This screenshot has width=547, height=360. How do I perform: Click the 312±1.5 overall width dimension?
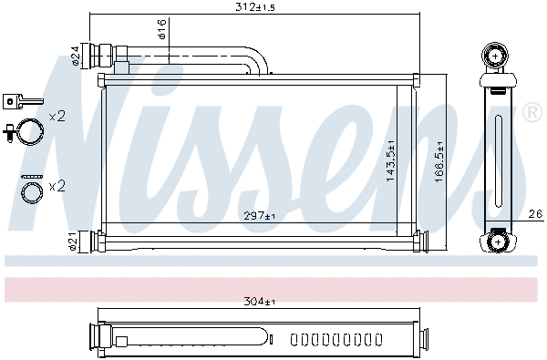tap(255, 8)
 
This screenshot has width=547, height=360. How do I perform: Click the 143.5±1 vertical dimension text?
tap(390, 160)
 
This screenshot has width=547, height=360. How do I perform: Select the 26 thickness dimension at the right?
tap(535, 215)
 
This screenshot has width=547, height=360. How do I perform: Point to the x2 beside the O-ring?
tap(57, 186)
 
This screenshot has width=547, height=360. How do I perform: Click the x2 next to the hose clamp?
tap(57, 116)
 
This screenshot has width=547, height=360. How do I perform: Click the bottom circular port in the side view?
tap(497, 241)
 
